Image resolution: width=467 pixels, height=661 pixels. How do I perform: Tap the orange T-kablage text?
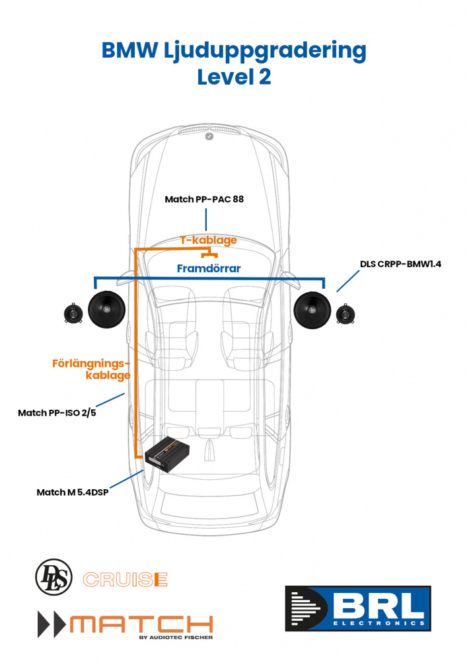point(209,240)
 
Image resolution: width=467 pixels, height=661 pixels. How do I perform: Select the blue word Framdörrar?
point(209,269)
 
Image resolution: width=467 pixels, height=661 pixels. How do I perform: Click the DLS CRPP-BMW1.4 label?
point(400,264)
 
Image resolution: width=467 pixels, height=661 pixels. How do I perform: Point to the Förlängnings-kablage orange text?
point(91,369)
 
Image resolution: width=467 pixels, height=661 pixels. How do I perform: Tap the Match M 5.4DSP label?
point(72,492)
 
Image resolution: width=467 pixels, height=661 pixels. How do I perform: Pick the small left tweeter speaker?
point(72,313)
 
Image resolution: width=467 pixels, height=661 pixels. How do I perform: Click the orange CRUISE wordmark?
point(125,580)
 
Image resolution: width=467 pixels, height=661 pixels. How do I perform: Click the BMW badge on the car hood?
point(209,137)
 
